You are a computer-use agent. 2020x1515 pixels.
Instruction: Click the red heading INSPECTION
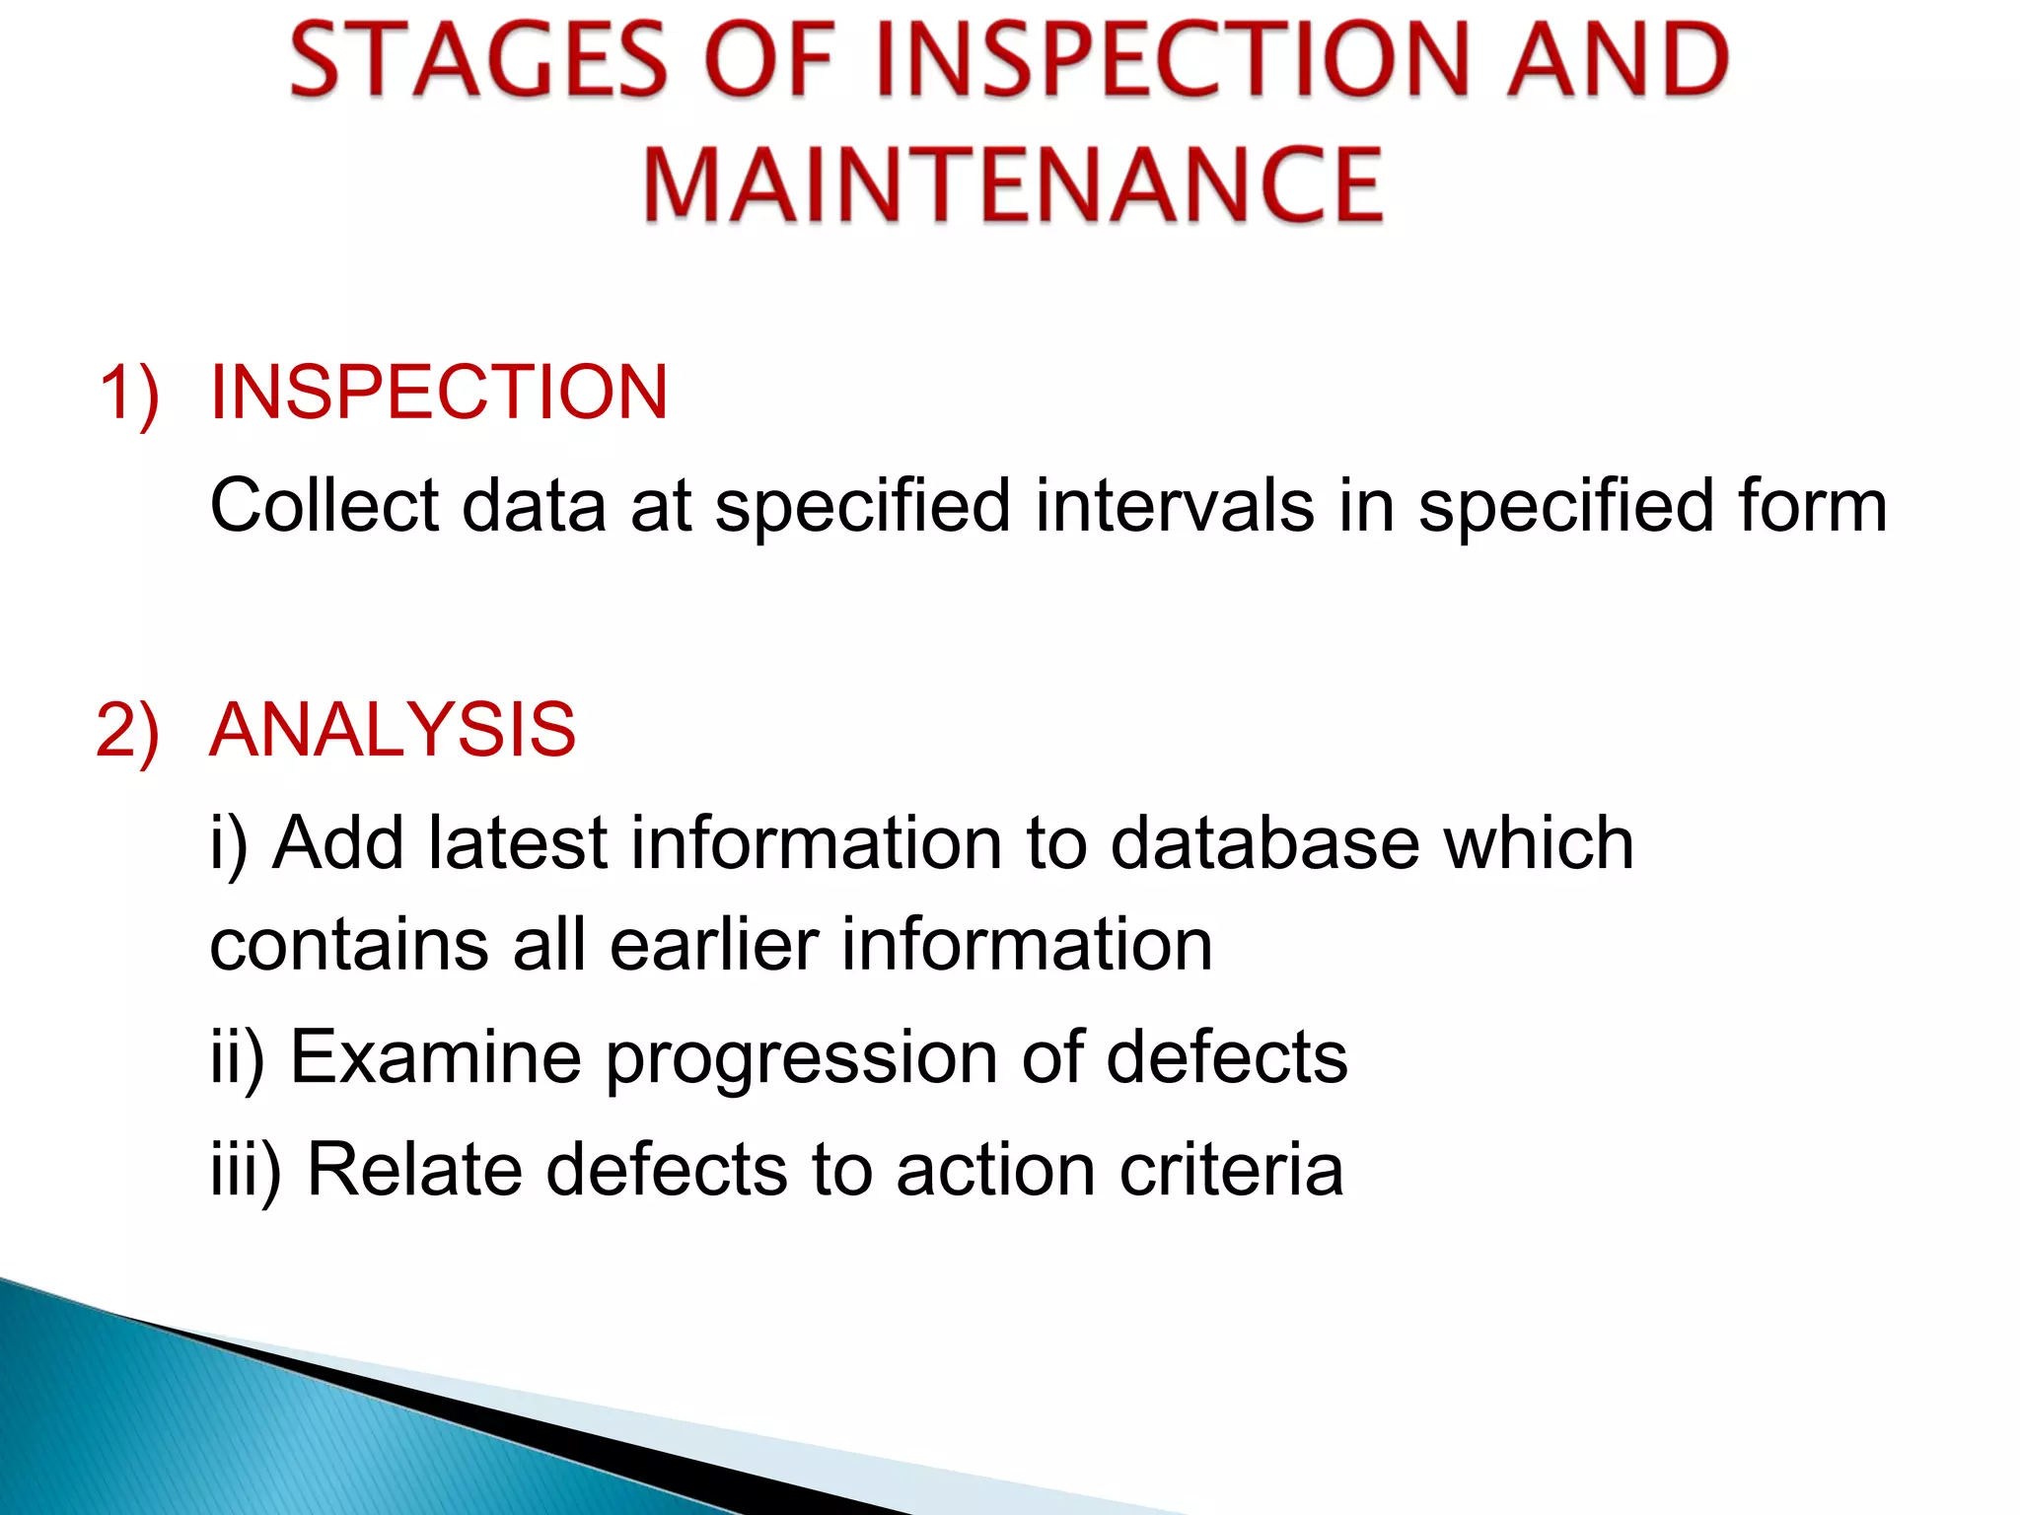tap(439, 393)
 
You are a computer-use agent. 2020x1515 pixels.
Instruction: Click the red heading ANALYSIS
tap(393, 730)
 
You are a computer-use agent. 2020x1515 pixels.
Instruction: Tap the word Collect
tap(325, 506)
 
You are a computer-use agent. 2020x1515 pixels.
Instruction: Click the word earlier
tap(714, 946)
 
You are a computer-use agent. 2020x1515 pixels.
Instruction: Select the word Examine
tap(435, 1057)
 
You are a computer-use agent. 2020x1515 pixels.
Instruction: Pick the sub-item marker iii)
tap(246, 1171)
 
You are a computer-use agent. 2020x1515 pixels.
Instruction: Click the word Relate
tap(415, 1171)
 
